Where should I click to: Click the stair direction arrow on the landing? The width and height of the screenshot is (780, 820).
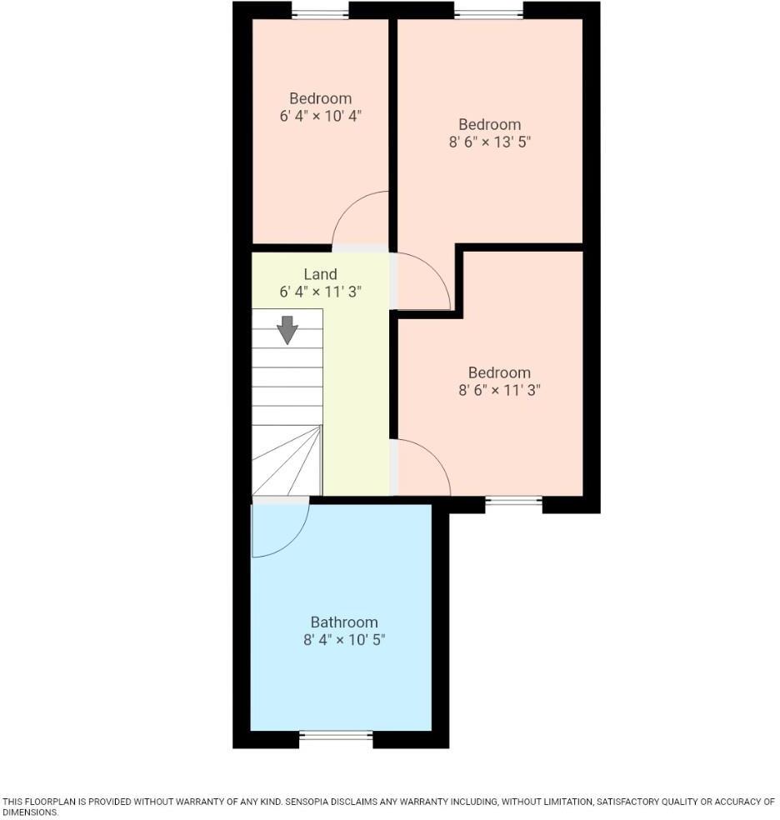(x=287, y=329)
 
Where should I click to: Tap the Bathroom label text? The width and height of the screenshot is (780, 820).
(x=344, y=622)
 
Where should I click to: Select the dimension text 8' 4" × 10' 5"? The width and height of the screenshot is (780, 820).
(x=344, y=640)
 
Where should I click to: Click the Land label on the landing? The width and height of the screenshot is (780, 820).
(x=320, y=274)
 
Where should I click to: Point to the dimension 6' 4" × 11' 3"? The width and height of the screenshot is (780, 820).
(x=320, y=292)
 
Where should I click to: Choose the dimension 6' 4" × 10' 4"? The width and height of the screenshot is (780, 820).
(x=320, y=117)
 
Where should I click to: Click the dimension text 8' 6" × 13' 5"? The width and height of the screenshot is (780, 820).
(x=490, y=142)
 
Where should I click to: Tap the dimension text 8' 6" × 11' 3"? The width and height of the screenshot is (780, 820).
(x=499, y=390)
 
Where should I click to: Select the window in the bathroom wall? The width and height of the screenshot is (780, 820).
(x=336, y=735)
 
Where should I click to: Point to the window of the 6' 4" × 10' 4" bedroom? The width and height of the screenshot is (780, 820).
(x=320, y=12)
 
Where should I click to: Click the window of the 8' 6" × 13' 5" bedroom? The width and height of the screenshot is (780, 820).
(x=489, y=12)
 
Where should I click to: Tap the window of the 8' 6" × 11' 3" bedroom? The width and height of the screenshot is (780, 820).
(x=513, y=501)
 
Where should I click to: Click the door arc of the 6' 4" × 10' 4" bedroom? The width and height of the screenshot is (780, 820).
(x=354, y=208)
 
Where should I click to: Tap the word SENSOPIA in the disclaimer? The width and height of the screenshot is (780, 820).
(x=314, y=802)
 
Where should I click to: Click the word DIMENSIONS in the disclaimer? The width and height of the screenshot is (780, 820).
(x=28, y=812)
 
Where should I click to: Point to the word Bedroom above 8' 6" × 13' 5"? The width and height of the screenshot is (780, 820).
(x=490, y=125)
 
